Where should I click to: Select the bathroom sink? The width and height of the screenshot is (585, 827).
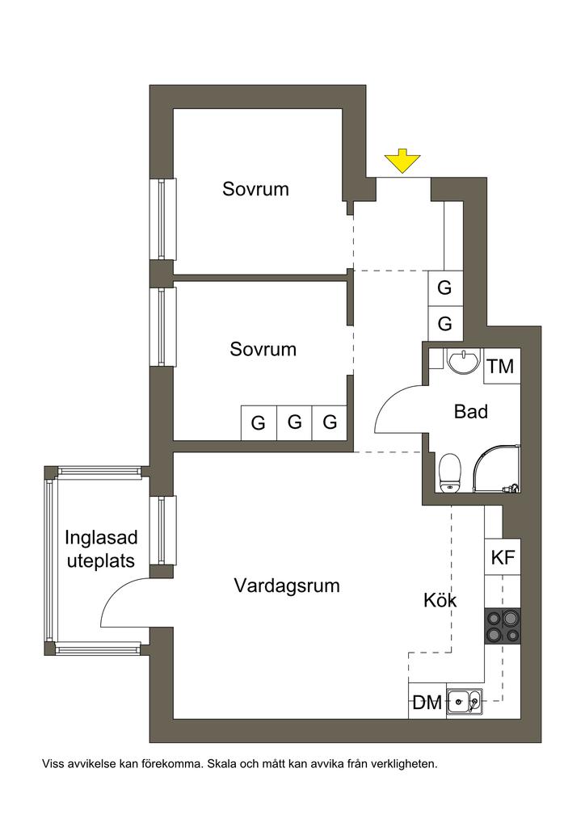pyautogui.click(x=463, y=361)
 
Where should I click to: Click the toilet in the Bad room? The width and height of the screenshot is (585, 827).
pyautogui.click(x=449, y=472)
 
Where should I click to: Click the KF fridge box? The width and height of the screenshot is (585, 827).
pyautogui.click(x=503, y=557)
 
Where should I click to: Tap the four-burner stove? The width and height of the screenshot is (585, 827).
pyautogui.click(x=503, y=626)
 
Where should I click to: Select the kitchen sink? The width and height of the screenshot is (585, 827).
pyautogui.click(x=464, y=702)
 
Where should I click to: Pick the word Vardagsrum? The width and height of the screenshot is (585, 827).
pyautogui.click(x=287, y=586)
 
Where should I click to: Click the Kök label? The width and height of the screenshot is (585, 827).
pyautogui.click(x=440, y=600)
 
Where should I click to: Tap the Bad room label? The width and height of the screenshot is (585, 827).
pyautogui.click(x=470, y=412)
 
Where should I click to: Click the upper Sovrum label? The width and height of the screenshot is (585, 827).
pyautogui.click(x=256, y=189)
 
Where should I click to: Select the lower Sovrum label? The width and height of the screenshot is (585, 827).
pyautogui.click(x=263, y=349)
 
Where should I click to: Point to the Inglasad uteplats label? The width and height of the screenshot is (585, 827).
pyautogui.click(x=101, y=549)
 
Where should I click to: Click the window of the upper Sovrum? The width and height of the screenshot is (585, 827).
pyautogui.click(x=162, y=219)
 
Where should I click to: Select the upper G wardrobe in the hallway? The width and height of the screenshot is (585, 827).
pyautogui.click(x=445, y=288)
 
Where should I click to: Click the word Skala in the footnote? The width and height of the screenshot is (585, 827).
pyautogui.click(x=221, y=763)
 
